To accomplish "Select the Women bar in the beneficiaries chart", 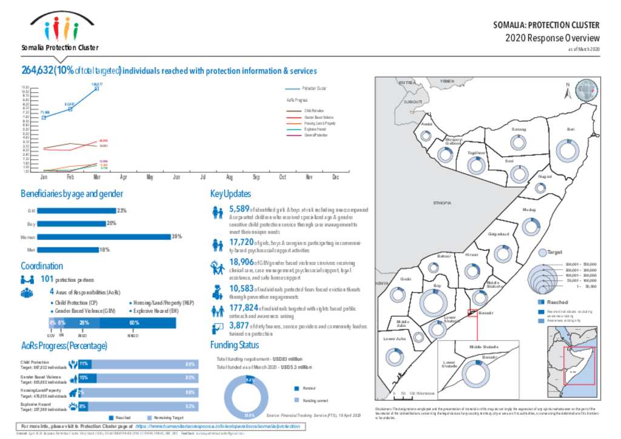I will (103, 236).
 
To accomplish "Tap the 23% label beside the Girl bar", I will (122, 210).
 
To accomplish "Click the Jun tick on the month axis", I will (176, 176).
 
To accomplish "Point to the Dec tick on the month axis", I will (335, 176).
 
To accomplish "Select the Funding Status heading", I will (234, 345).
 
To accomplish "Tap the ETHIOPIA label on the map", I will (441, 203).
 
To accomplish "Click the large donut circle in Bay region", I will (436, 301).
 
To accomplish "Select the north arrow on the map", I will (567, 92).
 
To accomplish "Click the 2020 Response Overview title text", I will (552, 38).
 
